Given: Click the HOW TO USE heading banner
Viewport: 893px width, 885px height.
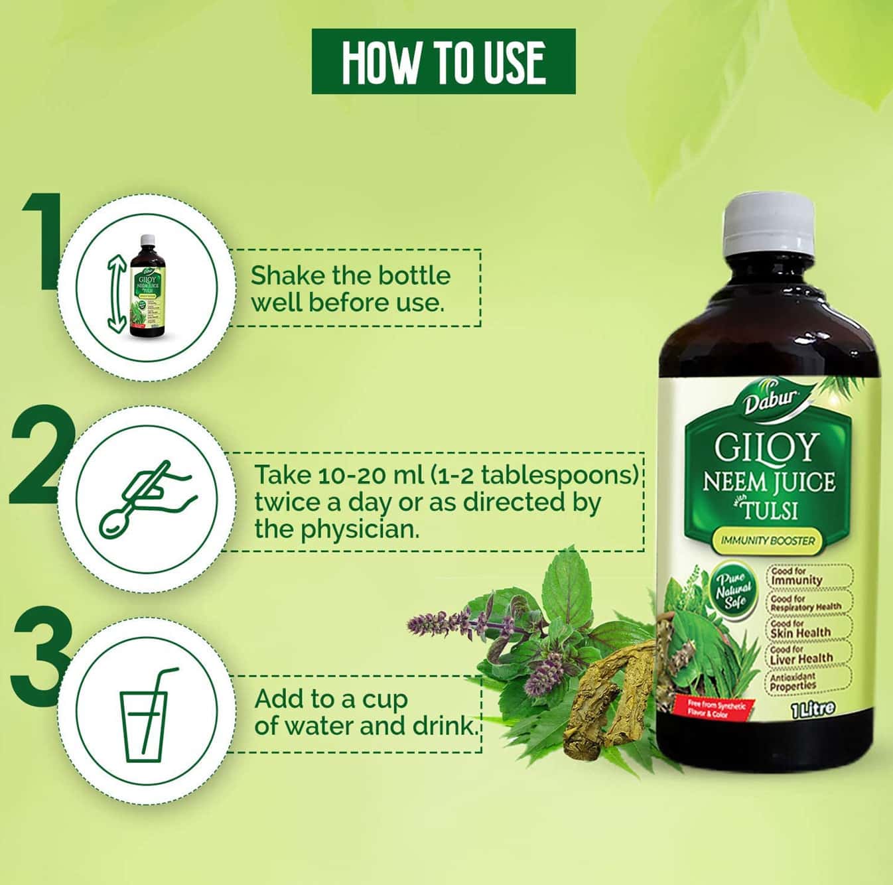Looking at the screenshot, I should [443, 62].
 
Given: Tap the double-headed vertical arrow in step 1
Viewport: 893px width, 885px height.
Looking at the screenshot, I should [117, 295].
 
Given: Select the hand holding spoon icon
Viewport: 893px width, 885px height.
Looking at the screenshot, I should [147, 497].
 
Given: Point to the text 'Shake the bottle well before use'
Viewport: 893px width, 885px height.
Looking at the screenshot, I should [350, 289].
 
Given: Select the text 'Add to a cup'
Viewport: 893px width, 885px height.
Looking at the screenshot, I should [331, 699].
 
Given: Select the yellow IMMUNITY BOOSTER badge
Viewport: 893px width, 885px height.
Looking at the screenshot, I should [767, 540].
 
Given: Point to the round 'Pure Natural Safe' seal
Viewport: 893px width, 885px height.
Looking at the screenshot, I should [733, 588].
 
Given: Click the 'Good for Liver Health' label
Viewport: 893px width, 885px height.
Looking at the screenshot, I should [801, 654].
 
